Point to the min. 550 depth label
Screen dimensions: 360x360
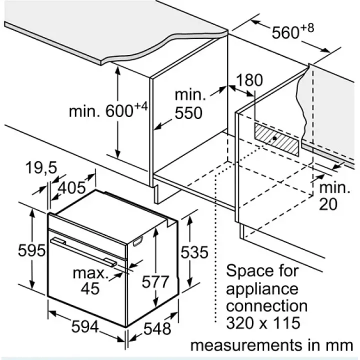tap(188, 104)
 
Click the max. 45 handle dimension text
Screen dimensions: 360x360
tap(90, 280)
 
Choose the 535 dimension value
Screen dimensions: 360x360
tap(193, 252)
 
